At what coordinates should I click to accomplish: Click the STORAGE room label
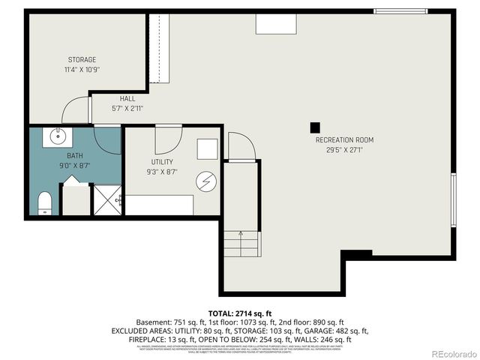coord(82,59)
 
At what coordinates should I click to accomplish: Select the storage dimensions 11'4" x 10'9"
coord(82,69)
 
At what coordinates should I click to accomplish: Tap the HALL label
coord(127,98)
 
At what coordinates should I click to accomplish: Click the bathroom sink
coord(56,136)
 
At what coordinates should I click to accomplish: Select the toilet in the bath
coord(44,202)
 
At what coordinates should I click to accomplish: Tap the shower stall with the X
coord(106,199)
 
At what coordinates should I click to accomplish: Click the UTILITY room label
coord(162,161)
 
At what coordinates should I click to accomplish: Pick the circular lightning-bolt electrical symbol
coord(206,181)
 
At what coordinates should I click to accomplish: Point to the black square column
coord(316,127)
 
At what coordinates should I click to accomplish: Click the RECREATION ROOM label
coord(344,139)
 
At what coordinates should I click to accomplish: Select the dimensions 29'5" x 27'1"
coord(344,149)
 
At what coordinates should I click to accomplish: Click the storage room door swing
coord(75,112)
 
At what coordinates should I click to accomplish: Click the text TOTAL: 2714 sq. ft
coord(240,312)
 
